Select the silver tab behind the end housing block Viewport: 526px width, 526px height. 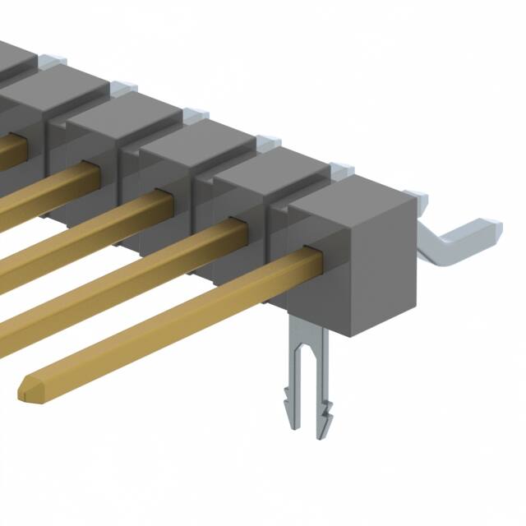click(416, 197)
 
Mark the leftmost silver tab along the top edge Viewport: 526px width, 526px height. click(52, 60)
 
